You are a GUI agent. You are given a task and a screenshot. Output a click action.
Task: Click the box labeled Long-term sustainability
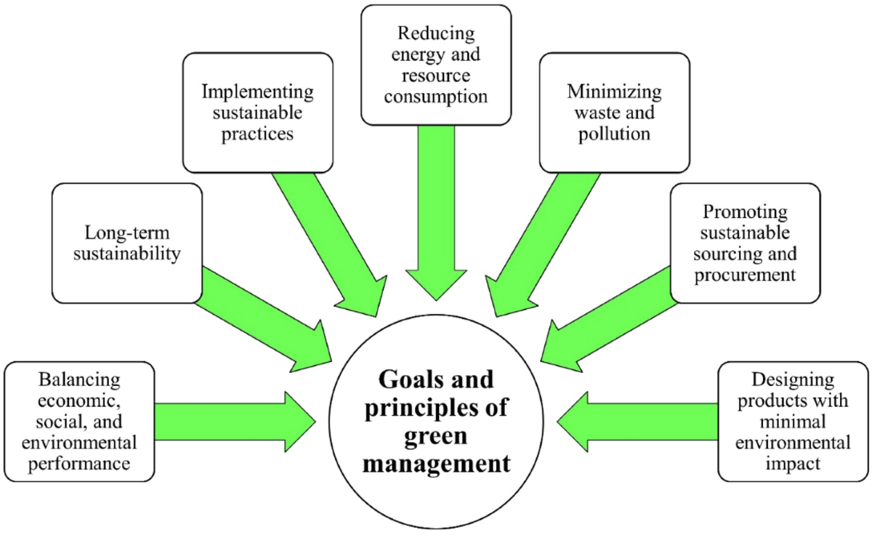126,244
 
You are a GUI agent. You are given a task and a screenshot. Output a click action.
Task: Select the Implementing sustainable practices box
258,113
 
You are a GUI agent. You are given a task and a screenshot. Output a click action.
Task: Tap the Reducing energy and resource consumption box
436,64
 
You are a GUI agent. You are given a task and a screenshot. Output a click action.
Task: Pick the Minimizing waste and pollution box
614,113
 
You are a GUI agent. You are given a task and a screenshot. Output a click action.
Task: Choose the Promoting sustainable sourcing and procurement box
745,244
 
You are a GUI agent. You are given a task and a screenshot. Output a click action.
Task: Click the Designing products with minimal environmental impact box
792,420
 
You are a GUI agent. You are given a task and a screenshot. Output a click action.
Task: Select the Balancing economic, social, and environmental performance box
79,420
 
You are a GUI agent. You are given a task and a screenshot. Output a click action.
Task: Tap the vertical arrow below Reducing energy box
436,211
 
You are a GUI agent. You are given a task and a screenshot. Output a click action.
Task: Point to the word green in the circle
436,436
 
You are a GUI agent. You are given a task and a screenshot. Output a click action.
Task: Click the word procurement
745,275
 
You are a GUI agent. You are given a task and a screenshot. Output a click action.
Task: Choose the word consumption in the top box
436,96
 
